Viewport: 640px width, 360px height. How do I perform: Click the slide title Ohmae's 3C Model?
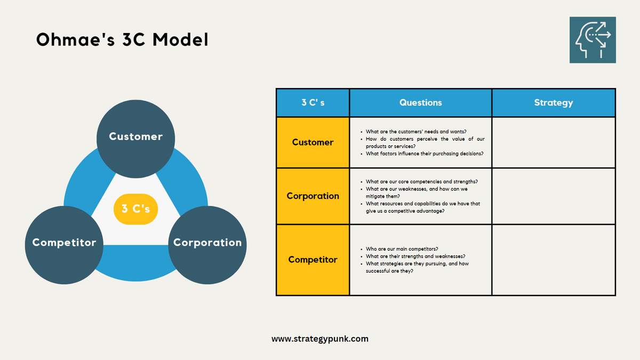[x=122, y=41]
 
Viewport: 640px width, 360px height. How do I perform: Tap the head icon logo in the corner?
[x=593, y=40]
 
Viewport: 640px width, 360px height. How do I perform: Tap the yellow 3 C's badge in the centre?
[x=135, y=209]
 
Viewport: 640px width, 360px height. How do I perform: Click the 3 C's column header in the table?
[x=313, y=103]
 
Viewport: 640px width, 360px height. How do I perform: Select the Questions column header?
[x=420, y=103]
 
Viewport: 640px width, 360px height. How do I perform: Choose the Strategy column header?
[x=553, y=103]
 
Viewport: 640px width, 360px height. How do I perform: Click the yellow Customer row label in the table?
[x=313, y=142]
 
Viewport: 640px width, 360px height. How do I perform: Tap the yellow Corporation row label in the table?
[x=313, y=196]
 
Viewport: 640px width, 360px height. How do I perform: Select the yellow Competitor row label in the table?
[x=313, y=260]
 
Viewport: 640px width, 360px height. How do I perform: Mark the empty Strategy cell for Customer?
[x=553, y=142]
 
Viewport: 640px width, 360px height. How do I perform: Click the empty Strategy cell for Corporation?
[x=553, y=196]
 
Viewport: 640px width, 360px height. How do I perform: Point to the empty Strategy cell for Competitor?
[x=553, y=260]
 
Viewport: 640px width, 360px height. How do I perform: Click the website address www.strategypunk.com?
[x=319, y=339]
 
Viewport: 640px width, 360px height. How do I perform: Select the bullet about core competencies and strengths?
[x=421, y=181]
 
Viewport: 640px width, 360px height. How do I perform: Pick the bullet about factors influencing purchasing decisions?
[x=425, y=154]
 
